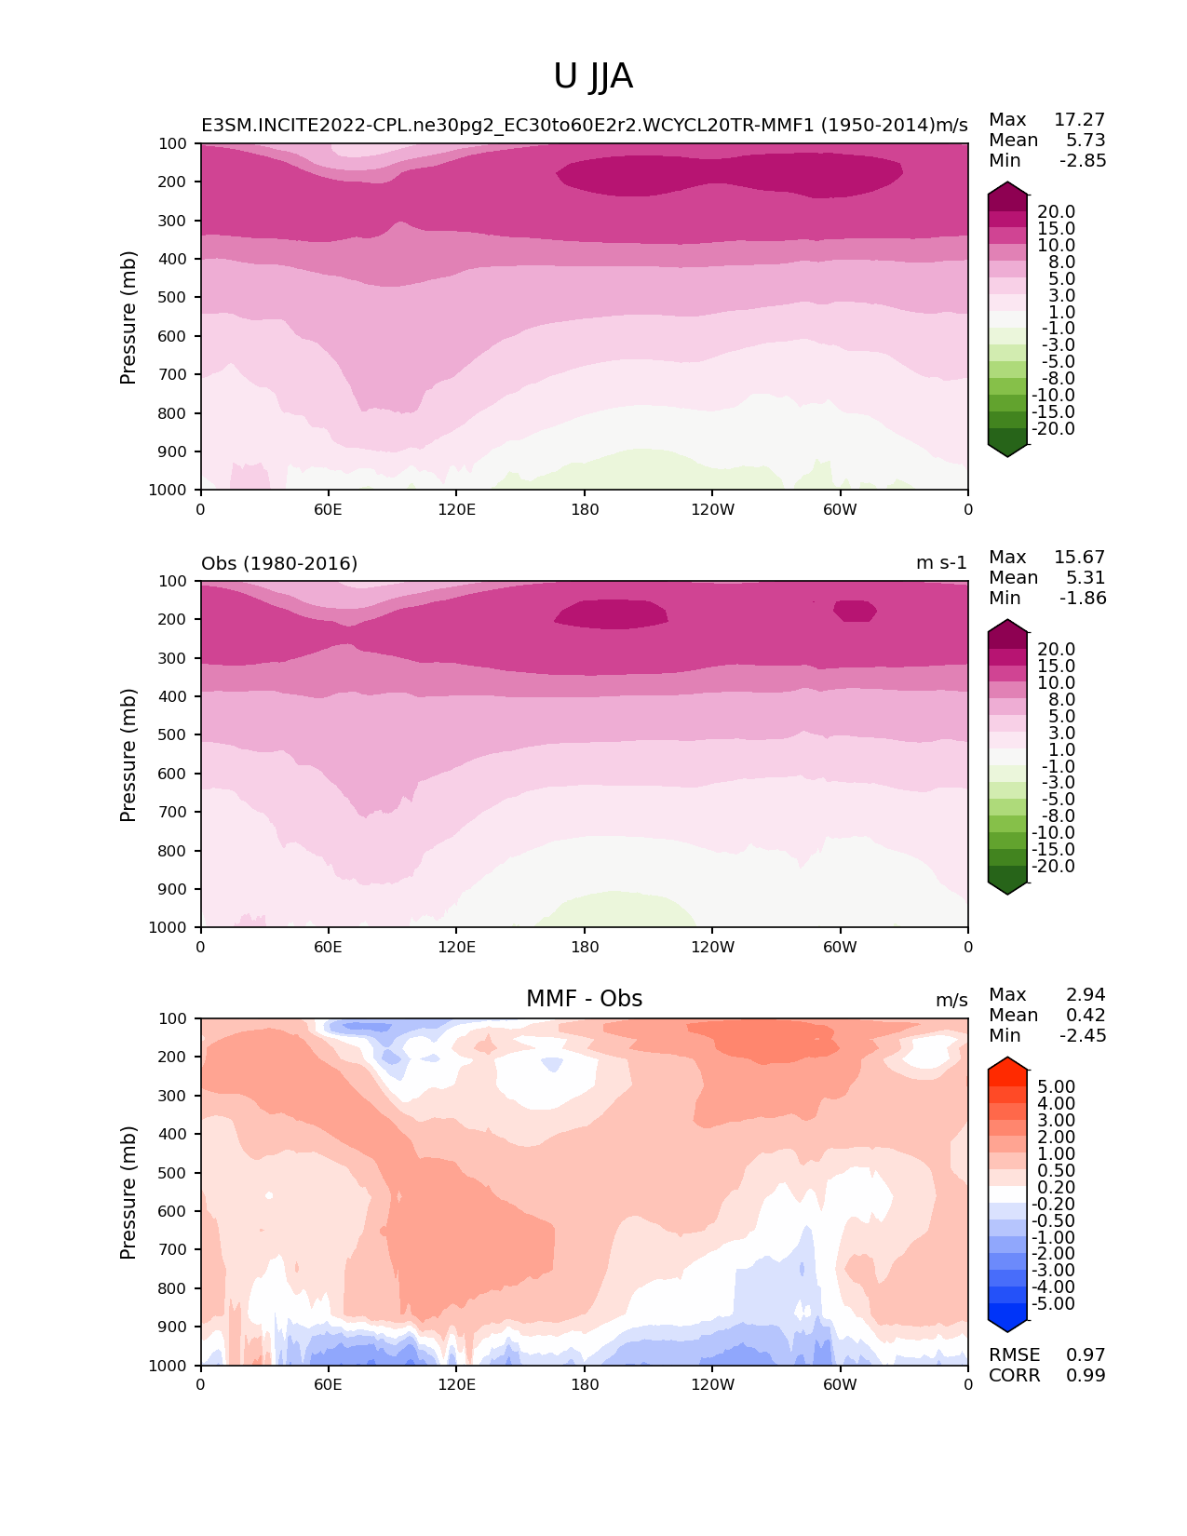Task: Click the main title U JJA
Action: click(593, 76)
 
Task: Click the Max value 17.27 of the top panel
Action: click(1079, 120)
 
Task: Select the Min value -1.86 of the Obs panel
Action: click(1083, 599)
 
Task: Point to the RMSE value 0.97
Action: click(1086, 1355)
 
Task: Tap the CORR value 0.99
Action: click(1086, 1376)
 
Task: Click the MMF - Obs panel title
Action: click(584, 999)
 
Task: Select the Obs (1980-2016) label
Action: click(279, 564)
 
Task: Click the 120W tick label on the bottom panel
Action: click(712, 1385)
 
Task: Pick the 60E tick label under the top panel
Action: click(328, 510)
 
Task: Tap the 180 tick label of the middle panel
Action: click(585, 948)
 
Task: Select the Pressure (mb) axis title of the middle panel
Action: click(128, 755)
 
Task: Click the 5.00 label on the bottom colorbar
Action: click(1056, 1087)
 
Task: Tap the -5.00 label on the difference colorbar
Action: click(1053, 1304)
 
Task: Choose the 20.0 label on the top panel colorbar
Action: click(1056, 212)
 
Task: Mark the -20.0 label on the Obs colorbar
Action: click(1053, 867)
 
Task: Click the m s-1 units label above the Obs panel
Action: click(941, 564)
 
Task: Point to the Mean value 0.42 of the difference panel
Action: click(1086, 1016)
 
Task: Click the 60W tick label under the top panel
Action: click(840, 510)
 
